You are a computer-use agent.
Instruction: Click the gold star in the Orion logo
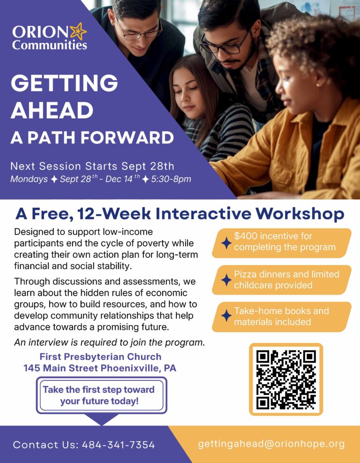(x=78, y=31)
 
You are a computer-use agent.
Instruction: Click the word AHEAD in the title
(x=52, y=110)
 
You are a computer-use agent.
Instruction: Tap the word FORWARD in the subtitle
(x=127, y=138)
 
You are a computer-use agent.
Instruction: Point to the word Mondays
(x=29, y=179)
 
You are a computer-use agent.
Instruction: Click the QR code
(x=286, y=380)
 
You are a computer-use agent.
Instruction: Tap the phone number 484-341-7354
(x=118, y=445)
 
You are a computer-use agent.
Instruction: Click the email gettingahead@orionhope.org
(x=271, y=444)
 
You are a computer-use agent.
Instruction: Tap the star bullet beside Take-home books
(x=226, y=316)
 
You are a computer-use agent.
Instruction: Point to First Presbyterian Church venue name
(x=100, y=357)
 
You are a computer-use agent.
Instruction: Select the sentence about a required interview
(x=109, y=343)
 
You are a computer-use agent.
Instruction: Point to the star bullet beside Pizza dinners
(x=226, y=280)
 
